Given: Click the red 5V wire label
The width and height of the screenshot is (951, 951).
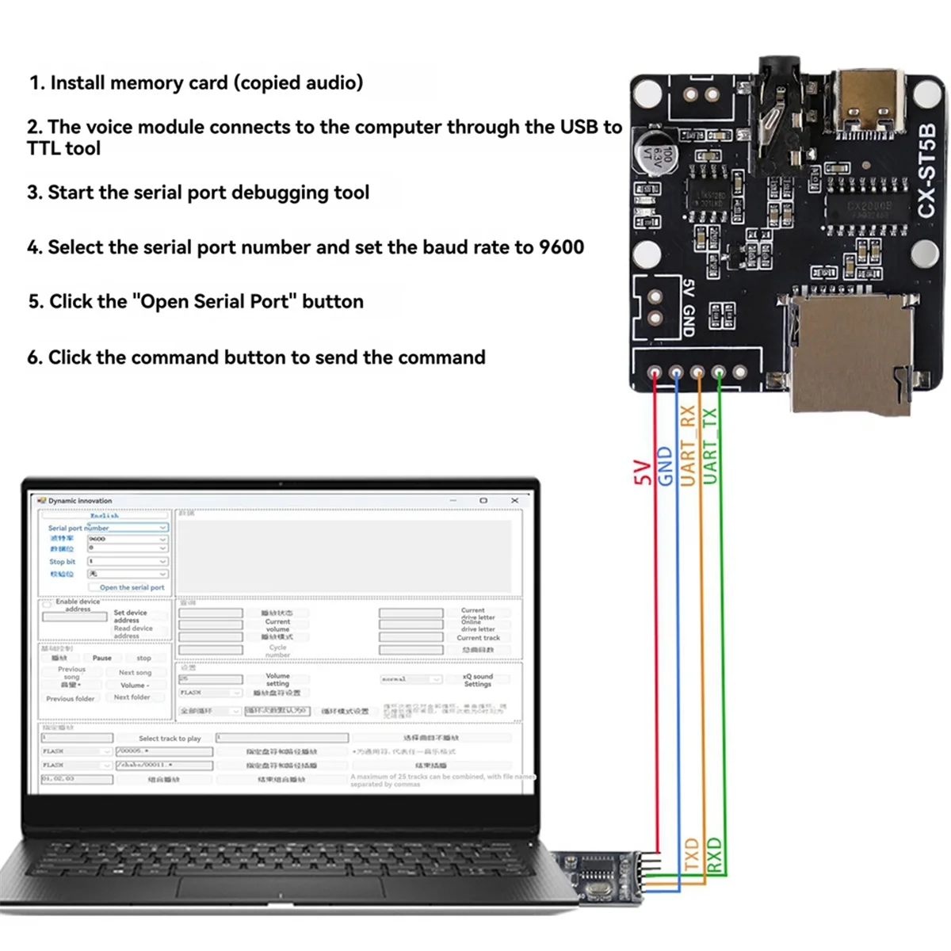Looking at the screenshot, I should (643, 472).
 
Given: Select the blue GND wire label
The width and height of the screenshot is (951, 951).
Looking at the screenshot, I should (666, 466).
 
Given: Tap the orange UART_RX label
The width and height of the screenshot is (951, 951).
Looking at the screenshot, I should (688, 445).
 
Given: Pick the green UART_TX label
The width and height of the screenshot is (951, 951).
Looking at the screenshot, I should (710, 445).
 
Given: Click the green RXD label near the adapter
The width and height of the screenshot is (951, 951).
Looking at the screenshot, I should (714, 854).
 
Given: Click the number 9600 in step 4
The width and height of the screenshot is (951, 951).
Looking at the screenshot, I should (561, 247).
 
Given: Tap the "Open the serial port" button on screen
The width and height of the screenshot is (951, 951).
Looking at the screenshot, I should (132, 587).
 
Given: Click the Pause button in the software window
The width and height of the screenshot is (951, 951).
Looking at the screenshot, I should (101, 658).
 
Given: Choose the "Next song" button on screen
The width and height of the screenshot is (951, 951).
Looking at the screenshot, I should (135, 672).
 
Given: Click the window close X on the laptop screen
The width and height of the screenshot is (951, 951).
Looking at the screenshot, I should (514, 501).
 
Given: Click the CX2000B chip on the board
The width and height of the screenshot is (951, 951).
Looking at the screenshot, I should (869, 207).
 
